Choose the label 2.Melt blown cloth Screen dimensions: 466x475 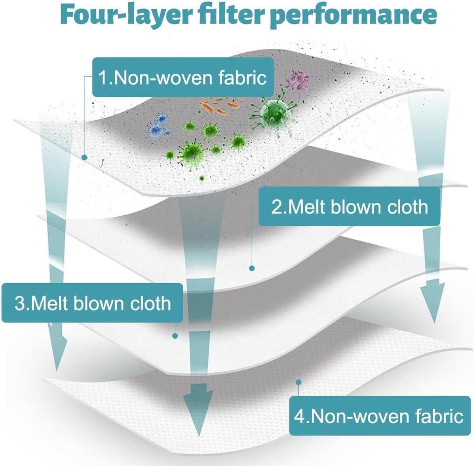[350, 207]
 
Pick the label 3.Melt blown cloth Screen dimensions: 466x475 [93, 303]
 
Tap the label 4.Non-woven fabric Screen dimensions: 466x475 [378, 416]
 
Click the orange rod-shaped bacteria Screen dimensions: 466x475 [220, 106]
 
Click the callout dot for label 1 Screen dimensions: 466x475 [84, 157]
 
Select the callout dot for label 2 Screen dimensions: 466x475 [251, 269]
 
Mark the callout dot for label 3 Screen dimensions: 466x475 [175, 336]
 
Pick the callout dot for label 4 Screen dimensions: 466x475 [298, 382]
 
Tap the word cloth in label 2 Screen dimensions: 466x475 [408, 207]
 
